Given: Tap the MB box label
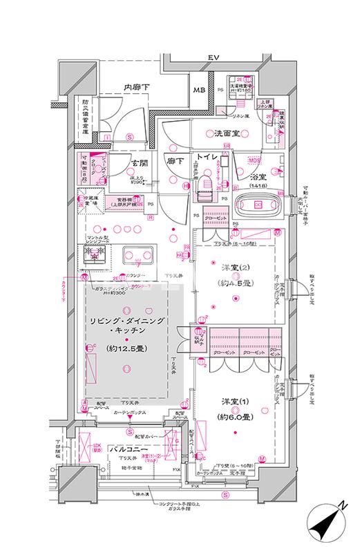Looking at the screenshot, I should click(x=199, y=91).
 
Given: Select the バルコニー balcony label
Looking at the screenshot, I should click(x=136, y=450).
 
